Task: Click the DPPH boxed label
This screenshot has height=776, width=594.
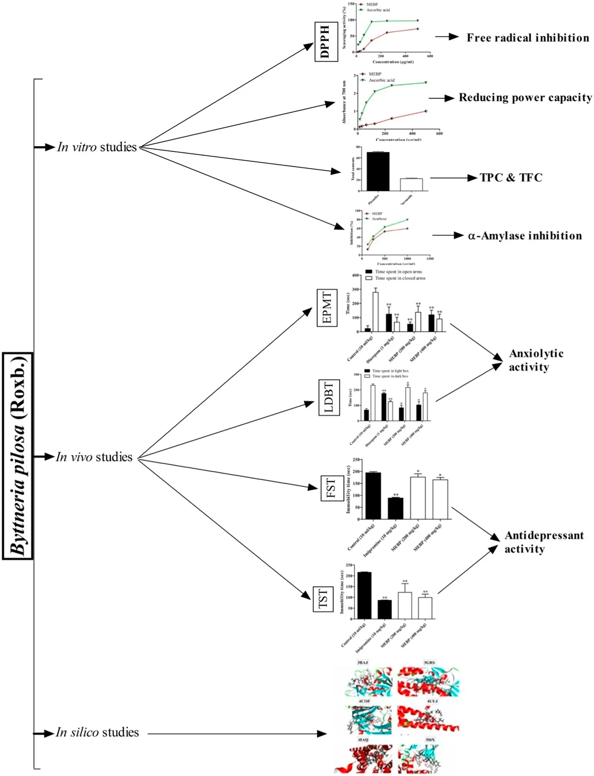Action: [x=326, y=42]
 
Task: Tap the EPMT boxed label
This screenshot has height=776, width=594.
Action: [x=327, y=308]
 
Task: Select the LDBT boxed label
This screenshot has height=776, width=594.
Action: [x=329, y=398]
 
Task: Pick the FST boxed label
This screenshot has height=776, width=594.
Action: [x=331, y=488]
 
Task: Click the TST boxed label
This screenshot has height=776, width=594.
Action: [x=323, y=598]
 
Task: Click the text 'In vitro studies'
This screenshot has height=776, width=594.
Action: [x=97, y=147]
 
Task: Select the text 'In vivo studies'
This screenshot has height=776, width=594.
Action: [x=94, y=457]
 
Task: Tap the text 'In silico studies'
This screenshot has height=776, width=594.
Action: [x=98, y=732]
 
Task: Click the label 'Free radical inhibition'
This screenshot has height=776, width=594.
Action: [x=528, y=38]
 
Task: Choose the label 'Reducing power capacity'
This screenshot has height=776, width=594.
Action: [x=525, y=98]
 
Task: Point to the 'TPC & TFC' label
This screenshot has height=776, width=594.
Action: [x=511, y=177]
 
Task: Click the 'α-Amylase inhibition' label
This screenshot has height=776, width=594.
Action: [x=525, y=235]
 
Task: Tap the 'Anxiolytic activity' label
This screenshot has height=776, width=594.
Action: [x=536, y=360]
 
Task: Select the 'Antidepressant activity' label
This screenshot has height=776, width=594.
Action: [x=544, y=542]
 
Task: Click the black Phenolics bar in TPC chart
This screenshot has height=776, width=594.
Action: [x=378, y=171]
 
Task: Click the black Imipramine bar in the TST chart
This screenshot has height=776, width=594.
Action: [x=385, y=609]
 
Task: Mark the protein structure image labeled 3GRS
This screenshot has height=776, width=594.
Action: [x=428, y=681]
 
